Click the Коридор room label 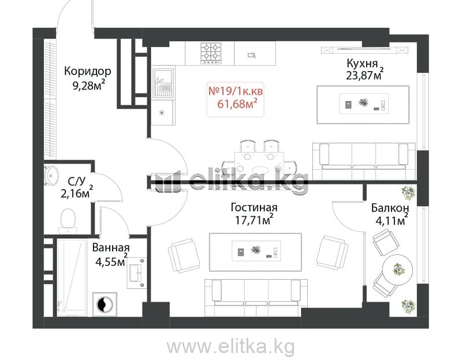coord(88,71)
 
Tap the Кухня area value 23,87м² coord(365,75)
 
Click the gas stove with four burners coord(211,53)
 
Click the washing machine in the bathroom coord(105,304)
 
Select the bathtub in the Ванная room coord(72,277)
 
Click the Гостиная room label coord(254,207)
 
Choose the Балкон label coord(390,208)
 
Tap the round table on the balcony coord(397,269)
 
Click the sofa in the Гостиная coord(256,298)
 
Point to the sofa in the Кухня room coord(364,161)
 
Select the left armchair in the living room coord(184,255)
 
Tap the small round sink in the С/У coord(51,176)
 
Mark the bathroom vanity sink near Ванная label coord(137,273)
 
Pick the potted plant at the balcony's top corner coord(408,193)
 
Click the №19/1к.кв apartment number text coord(236,91)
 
